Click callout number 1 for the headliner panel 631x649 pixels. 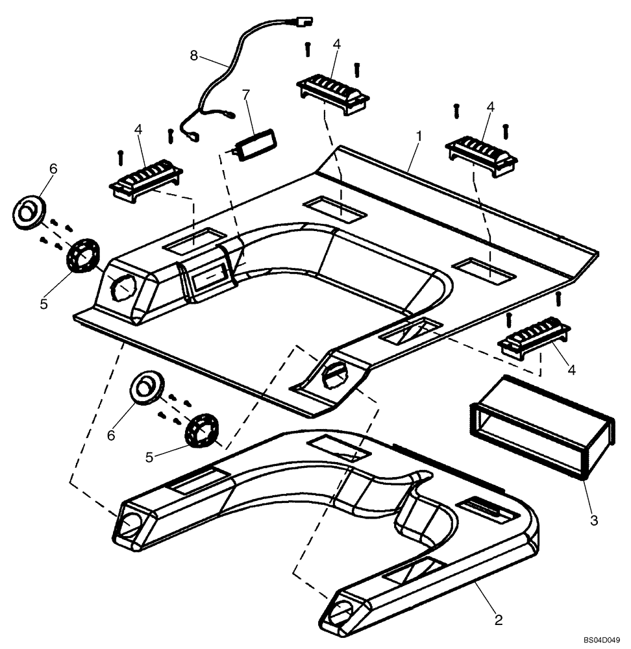(419, 137)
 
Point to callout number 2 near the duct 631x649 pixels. (498, 619)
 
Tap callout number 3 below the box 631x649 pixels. (593, 520)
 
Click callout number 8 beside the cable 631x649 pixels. (193, 55)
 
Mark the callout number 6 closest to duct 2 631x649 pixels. (111, 435)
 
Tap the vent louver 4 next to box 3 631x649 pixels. (533, 337)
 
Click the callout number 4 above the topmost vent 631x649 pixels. (336, 44)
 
